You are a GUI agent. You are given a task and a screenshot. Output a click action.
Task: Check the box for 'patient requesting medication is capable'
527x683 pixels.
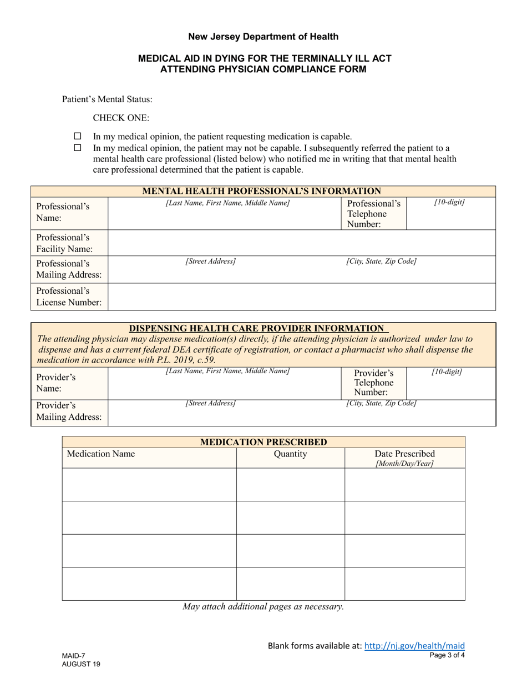tap(78, 136)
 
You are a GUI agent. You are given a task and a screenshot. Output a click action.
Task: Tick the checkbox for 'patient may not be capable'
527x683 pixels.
tap(78, 148)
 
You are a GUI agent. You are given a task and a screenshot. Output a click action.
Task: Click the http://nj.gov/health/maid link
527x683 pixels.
tap(414, 645)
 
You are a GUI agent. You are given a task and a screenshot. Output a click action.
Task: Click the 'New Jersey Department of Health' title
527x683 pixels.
tap(263, 37)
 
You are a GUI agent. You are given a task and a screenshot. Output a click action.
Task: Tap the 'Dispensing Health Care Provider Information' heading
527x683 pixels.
tap(256, 328)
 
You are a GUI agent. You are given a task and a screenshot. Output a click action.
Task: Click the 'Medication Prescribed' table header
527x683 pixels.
tap(263, 442)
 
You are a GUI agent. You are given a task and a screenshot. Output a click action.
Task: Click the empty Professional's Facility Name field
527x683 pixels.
tap(301, 243)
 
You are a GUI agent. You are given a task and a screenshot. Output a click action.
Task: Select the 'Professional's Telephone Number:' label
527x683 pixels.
tap(373, 214)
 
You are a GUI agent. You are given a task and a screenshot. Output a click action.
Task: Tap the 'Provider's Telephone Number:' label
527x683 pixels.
tap(374, 383)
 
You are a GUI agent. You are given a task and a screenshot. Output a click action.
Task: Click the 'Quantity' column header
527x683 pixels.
tap(290, 454)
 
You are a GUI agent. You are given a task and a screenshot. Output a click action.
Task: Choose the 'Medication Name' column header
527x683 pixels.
tap(101, 454)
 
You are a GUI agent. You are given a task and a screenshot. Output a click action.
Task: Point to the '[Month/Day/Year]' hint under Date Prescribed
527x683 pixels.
tap(404, 464)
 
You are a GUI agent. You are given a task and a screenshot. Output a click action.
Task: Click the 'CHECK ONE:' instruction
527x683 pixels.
tap(121, 118)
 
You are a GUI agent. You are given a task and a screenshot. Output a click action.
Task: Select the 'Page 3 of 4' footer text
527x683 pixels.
tap(447, 655)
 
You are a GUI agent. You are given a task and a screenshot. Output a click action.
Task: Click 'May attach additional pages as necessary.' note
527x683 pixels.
tap(263, 606)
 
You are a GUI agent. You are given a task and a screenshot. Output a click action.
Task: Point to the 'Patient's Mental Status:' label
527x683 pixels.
tap(107, 100)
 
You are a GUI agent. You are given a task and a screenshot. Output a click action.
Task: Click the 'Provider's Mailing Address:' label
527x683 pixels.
tap(69, 411)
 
